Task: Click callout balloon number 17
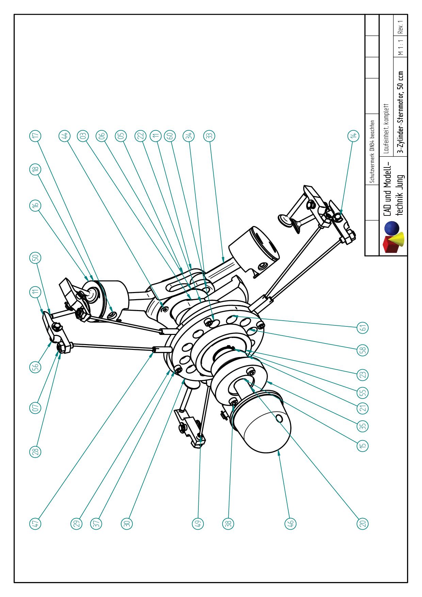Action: tap(36, 135)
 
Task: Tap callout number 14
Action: tap(354, 135)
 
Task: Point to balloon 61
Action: tap(363, 328)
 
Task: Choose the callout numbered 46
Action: tap(290, 523)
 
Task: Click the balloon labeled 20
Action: tap(363, 523)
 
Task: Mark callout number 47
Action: tap(36, 523)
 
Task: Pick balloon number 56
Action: tap(36, 367)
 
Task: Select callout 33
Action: tap(210, 135)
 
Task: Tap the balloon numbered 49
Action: tap(198, 523)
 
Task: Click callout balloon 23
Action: tap(363, 375)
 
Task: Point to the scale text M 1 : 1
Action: tap(402, 48)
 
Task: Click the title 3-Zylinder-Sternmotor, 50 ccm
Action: tap(402, 112)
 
